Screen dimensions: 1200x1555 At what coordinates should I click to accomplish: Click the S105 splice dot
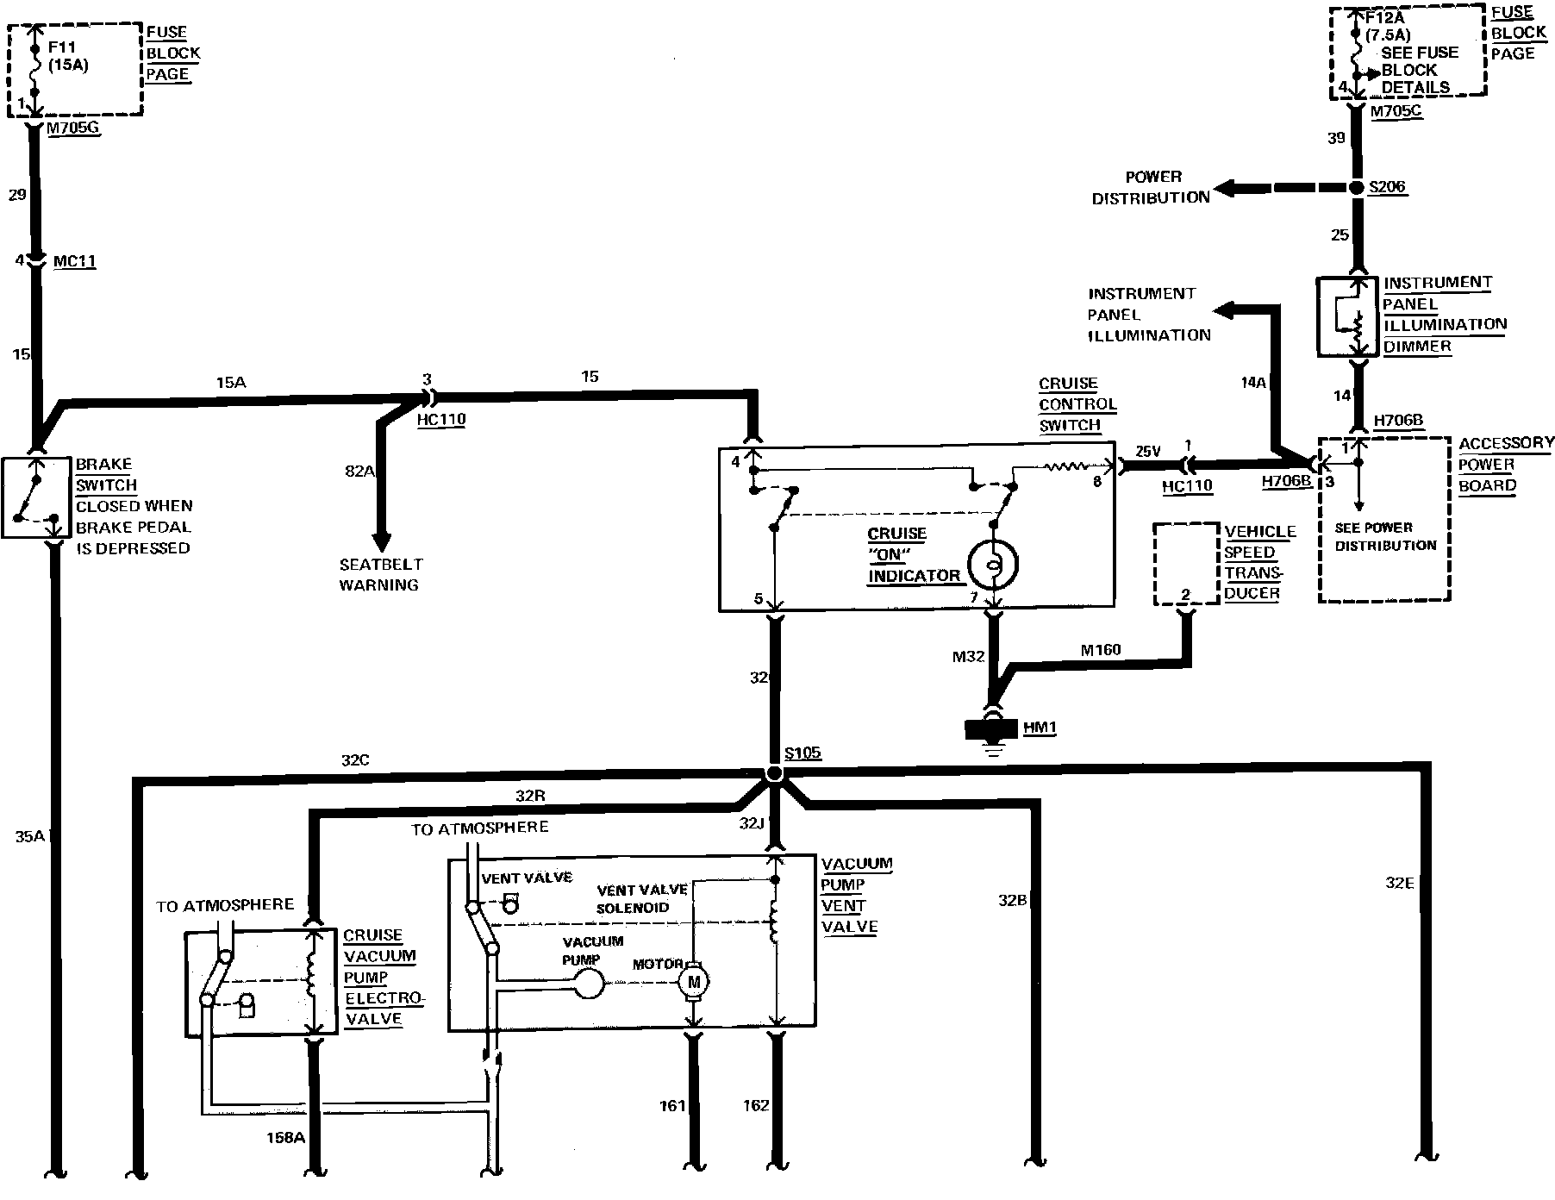point(773,773)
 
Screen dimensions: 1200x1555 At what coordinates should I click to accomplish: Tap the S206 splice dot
point(1357,187)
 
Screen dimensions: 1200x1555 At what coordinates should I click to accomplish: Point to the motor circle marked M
point(693,981)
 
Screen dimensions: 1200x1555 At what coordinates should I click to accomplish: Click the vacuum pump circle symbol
point(590,982)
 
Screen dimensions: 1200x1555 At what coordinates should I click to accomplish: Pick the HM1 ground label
point(1039,728)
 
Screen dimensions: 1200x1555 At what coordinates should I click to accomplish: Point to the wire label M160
point(1101,649)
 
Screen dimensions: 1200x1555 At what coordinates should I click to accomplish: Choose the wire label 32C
point(355,760)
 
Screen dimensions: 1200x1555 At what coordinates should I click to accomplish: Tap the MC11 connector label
point(74,261)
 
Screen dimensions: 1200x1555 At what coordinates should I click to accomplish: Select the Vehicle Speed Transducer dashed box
point(1186,564)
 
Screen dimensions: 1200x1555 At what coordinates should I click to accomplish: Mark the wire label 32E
point(1400,882)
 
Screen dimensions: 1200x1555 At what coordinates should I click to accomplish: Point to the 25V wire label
point(1147,451)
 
